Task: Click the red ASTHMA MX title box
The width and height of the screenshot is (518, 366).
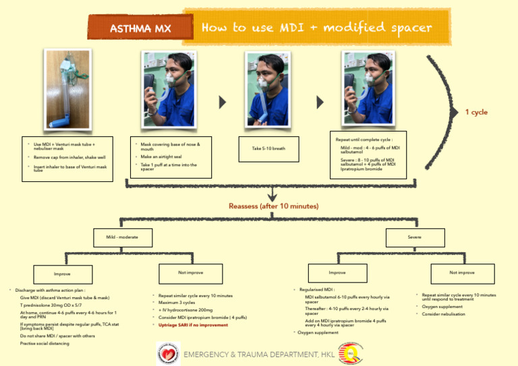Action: point(140,28)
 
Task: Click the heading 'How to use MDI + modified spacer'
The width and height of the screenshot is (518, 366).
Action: point(316,28)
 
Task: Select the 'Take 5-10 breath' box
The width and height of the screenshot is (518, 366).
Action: point(268,148)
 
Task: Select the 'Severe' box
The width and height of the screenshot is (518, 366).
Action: point(414,237)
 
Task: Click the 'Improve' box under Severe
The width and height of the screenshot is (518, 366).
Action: point(337,273)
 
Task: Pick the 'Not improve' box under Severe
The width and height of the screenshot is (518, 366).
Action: point(461,273)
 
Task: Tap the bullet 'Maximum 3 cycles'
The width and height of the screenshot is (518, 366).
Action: point(177,303)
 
